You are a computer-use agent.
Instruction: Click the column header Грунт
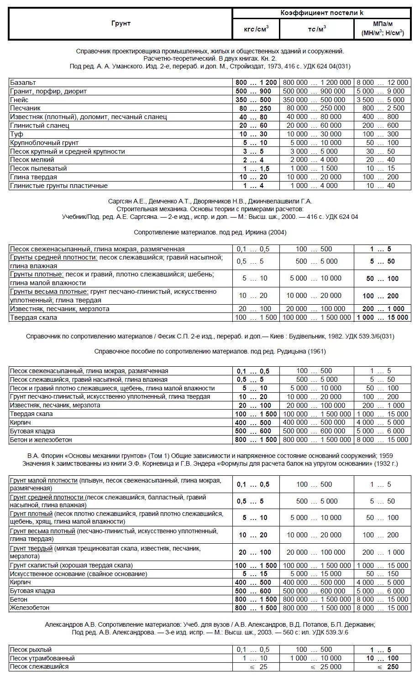click(121, 24)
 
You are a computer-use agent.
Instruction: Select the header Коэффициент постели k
click(321, 13)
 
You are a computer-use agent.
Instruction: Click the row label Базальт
click(23, 83)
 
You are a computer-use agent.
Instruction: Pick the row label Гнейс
click(19, 100)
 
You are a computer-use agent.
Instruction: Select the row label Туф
click(16, 134)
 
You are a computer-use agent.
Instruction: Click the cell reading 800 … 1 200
click(256, 83)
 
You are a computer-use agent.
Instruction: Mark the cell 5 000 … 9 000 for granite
click(383, 91)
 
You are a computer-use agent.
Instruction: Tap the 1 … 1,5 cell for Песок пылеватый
click(256, 168)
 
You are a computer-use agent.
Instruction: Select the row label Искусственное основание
click(79, 574)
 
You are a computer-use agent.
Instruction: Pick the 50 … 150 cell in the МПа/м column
click(383, 574)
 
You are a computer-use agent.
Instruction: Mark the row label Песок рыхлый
click(31, 650)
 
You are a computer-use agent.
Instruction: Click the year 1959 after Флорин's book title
click(385, 455)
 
